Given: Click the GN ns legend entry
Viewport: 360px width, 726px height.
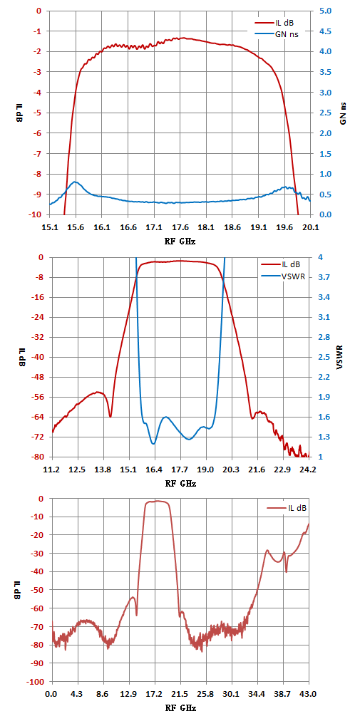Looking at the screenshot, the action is [276, 33].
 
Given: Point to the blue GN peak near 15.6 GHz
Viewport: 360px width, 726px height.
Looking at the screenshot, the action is [75, 182].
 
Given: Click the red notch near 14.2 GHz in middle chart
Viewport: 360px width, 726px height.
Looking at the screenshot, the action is [110, 417].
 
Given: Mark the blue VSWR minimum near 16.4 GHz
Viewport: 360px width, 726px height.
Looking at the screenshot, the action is [153, 444].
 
